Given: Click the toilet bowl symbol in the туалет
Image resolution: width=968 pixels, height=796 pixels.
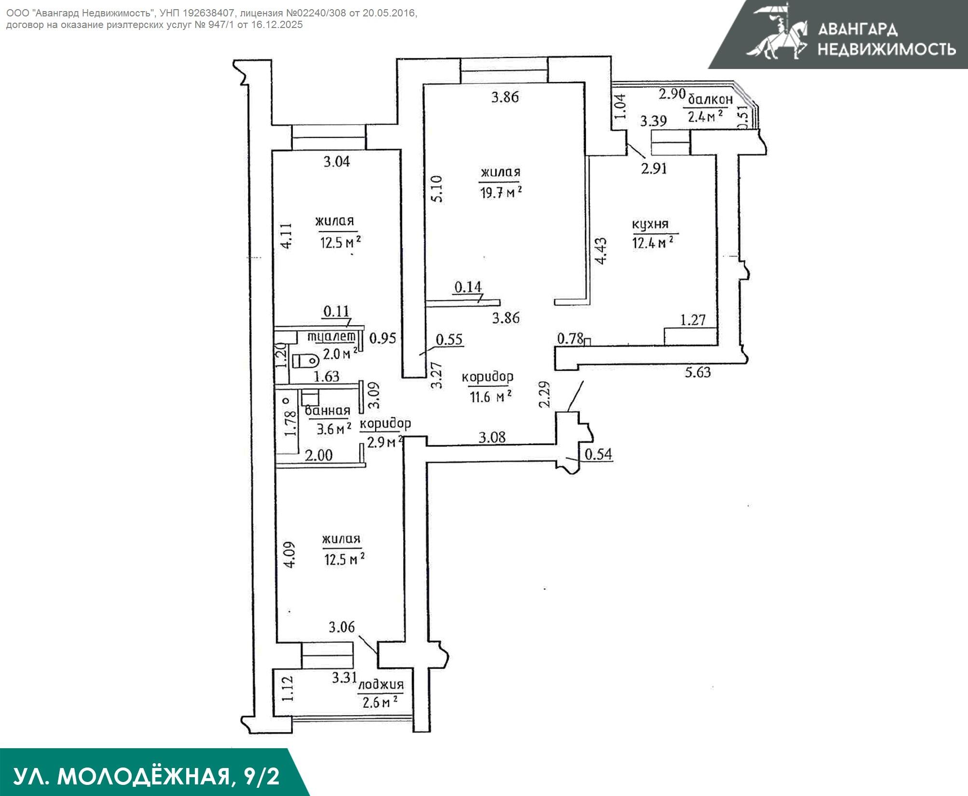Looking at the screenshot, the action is [x=306, y=360].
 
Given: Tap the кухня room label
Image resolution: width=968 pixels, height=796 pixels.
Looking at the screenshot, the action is [x=650, y=225].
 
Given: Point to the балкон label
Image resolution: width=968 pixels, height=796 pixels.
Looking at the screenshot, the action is [x=710, y=100].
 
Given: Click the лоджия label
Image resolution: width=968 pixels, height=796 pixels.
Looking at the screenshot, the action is [x=381, y=684].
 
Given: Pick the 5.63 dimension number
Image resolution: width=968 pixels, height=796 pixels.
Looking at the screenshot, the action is [x=698, y=372].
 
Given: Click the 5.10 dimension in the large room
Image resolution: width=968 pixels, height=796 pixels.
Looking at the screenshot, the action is [x=436, y=189].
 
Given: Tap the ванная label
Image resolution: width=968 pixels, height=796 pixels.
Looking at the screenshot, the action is [x=327, y=411].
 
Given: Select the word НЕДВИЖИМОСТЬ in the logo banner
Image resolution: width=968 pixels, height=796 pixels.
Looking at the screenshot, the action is [x=886, y=49].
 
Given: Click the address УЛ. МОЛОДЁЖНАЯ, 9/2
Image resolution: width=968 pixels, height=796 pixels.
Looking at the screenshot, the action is [x=146, y=777].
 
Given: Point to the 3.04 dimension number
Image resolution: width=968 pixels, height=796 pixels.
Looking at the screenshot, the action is [x=337, y=162].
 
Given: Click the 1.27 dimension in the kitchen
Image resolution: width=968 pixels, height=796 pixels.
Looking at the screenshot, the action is [x=693, y=320].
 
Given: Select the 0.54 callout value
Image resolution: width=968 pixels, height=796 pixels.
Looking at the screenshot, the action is [x=598, y=454].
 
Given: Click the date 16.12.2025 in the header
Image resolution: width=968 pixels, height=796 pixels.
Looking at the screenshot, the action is [x=277, y=25].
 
